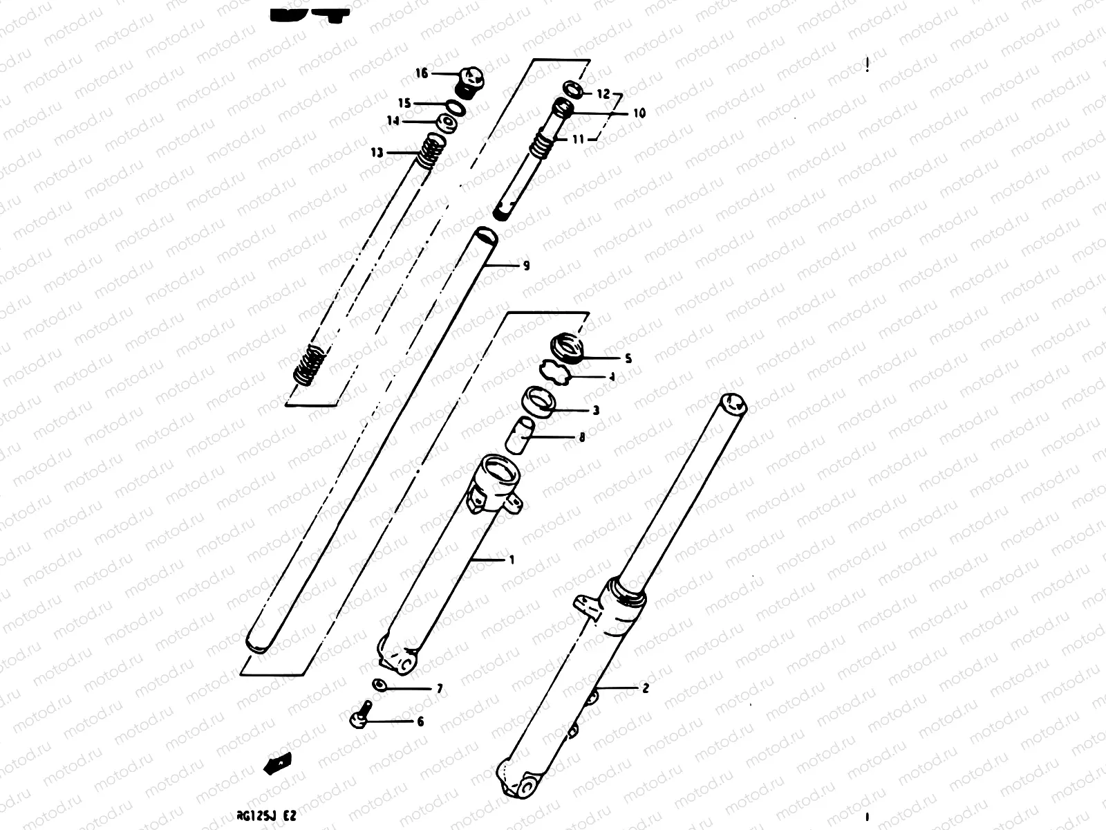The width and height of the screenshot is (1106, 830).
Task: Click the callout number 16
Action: click(422, 73)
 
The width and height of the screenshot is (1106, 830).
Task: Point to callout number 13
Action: click(377, 153)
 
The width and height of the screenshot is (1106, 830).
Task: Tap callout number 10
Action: click(639, 113)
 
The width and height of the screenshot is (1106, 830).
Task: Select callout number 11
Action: click(578, 139)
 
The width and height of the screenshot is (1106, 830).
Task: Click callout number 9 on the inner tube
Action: click(526, 266)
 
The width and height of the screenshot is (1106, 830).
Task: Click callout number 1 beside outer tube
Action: click(512, 560)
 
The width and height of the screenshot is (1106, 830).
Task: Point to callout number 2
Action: click(646, 688)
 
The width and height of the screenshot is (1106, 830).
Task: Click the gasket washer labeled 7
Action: click(380, 685)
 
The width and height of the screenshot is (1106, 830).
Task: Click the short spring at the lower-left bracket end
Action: click(309, 365)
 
